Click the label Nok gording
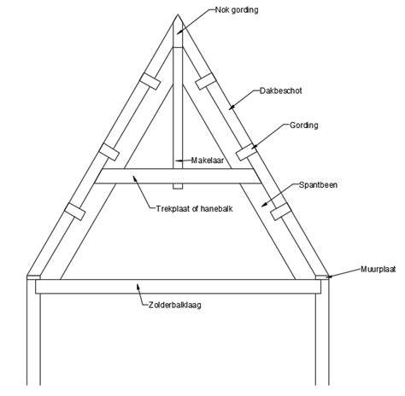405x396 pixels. (237, 10)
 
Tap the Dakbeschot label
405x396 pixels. (280, 90)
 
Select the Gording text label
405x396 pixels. (304, 125)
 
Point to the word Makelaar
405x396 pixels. (208, 160)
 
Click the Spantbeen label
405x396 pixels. (318, 185)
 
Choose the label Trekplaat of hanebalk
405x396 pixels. (195, 208)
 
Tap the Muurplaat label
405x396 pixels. (379, 269)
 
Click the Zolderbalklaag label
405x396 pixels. (175, 305)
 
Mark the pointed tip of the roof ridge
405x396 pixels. (178, 15)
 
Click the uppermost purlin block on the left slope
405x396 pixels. (150, 81)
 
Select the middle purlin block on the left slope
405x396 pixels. (109, 152)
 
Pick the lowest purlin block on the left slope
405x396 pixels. (74, 212)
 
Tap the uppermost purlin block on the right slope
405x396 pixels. (206, 81)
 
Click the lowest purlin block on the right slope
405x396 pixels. (281, 212)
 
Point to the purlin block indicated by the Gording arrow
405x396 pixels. (247, 152)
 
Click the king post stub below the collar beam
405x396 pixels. (178, 186)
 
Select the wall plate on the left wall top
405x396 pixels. (33, 277)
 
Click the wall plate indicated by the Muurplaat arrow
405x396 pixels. (322, 277)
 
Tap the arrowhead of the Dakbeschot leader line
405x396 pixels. (232, 107)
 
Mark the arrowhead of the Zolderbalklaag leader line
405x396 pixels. (138, 286)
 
